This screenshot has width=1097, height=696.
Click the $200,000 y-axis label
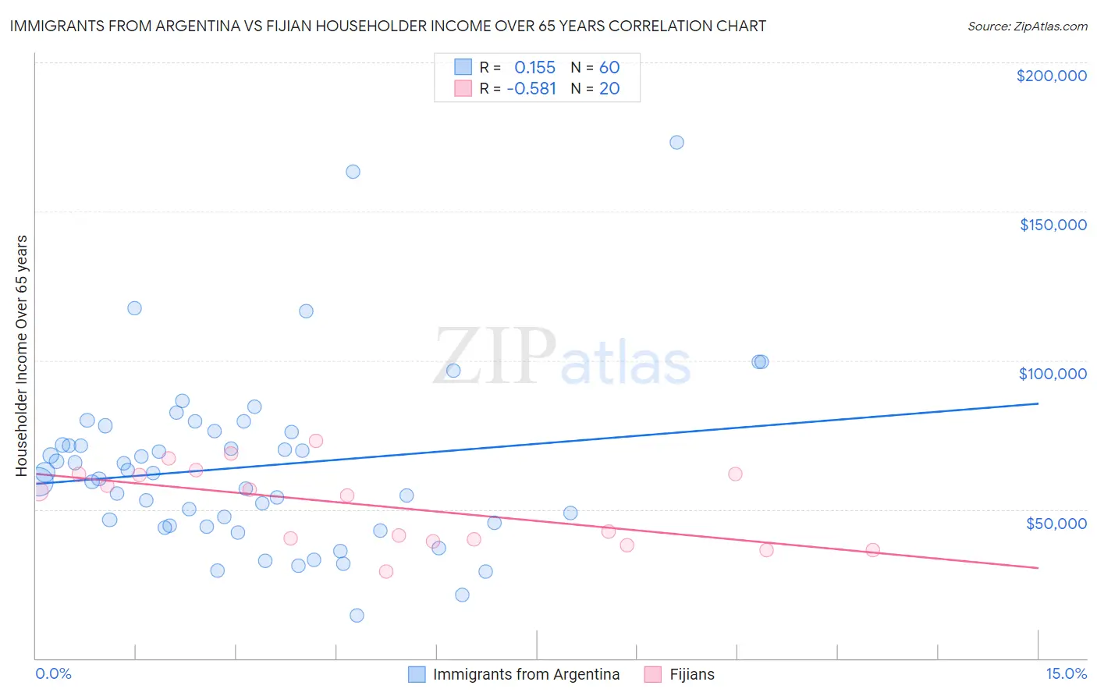coord(1051,76)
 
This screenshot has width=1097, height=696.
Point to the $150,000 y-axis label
coord(1053,225)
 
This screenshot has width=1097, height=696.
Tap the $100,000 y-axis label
coord(1053,374)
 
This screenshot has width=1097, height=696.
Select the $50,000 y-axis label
coord(1056,523)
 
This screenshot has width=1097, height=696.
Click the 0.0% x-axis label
coord(53,673)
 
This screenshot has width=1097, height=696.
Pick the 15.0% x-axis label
coord(1066,673)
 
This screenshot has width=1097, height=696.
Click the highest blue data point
coord(676,142)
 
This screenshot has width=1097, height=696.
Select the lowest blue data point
coord(357,615)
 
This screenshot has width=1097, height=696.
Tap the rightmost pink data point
coord(872,550)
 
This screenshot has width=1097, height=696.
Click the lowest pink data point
coord(385,571)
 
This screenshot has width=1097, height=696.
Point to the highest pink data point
coord(316,441)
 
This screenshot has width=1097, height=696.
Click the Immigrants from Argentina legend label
coord(526,674)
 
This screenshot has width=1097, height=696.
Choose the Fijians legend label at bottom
coord(692,674)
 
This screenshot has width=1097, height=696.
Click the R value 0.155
coord(534,67)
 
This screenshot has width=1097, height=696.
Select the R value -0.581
coord(531,89)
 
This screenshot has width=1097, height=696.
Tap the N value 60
coord(609,67)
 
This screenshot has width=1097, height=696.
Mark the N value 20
coord(609,89)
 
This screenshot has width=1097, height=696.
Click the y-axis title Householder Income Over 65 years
coord(21,356)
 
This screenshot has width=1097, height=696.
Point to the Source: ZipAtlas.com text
coord(1027,27)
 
